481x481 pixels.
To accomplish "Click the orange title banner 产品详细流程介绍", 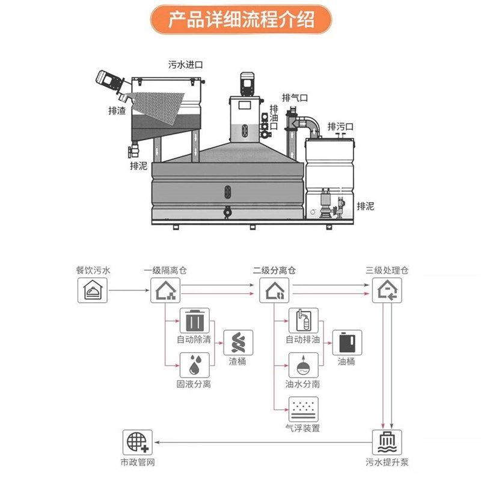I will [240, 19].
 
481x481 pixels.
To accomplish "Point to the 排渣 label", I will [117, 111].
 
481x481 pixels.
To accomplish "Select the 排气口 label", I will [295, 97].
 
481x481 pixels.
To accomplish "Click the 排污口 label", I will [340, 126].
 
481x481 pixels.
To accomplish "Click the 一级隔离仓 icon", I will [164, 292].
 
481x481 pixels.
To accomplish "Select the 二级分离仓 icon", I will [274, 292].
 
